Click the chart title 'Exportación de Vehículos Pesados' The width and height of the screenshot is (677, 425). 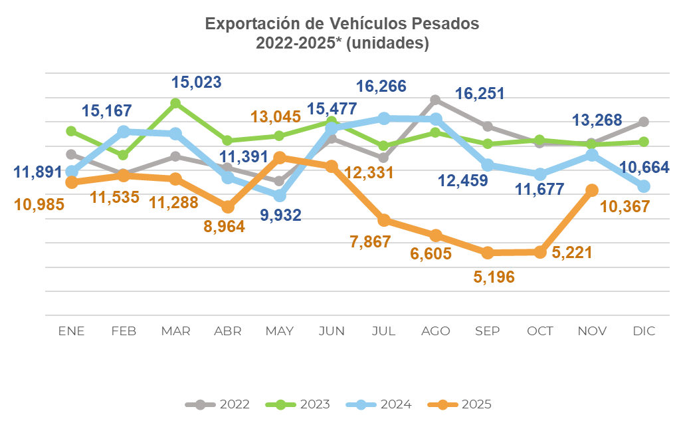341,24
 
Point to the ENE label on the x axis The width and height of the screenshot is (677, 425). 72,331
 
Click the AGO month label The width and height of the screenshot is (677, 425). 436,331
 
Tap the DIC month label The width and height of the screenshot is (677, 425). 644,331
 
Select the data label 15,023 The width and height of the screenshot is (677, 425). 197,82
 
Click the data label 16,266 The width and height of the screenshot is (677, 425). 381,86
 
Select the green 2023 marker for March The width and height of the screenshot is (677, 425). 176,103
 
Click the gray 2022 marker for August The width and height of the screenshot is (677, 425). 436,100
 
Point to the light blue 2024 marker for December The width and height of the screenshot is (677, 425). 644,186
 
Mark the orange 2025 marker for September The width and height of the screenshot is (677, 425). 488,253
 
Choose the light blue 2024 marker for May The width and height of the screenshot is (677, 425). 280,196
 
